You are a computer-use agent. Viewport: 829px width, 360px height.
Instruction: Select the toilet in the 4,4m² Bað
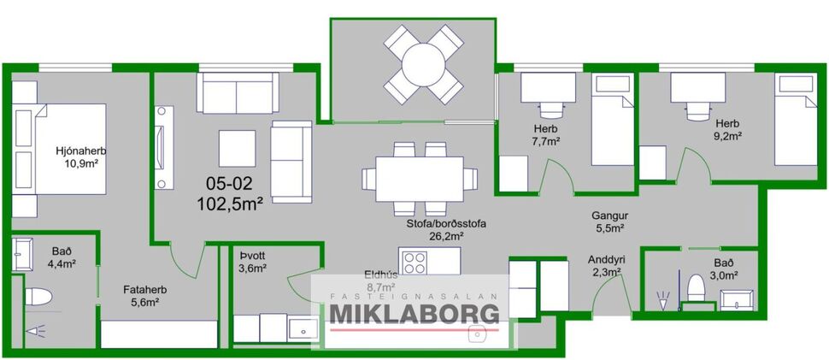pyautogui.click(x=38, y=297)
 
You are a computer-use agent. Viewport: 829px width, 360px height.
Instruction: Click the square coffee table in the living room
pyautogui.click(x=236, y=147)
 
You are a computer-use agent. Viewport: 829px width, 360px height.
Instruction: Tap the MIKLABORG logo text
pyautogui.click(x=414, y=313)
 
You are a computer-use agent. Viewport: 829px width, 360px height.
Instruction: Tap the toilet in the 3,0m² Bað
pyautogui.click(x=697, y=286)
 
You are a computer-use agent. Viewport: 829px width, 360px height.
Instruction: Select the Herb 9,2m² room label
pyautogui.click(x=728, y=128)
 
